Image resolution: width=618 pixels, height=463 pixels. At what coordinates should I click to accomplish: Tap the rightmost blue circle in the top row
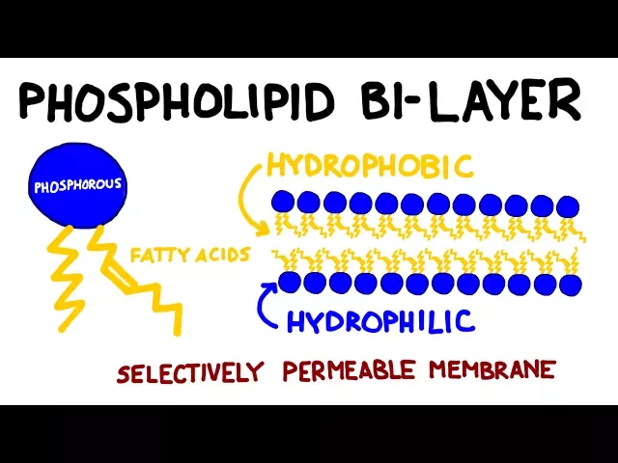pos(569,204)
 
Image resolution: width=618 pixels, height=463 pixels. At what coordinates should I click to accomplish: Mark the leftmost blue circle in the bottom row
pos(288,282)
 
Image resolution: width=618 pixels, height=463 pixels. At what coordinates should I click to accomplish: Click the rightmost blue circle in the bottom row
pos(571,285)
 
